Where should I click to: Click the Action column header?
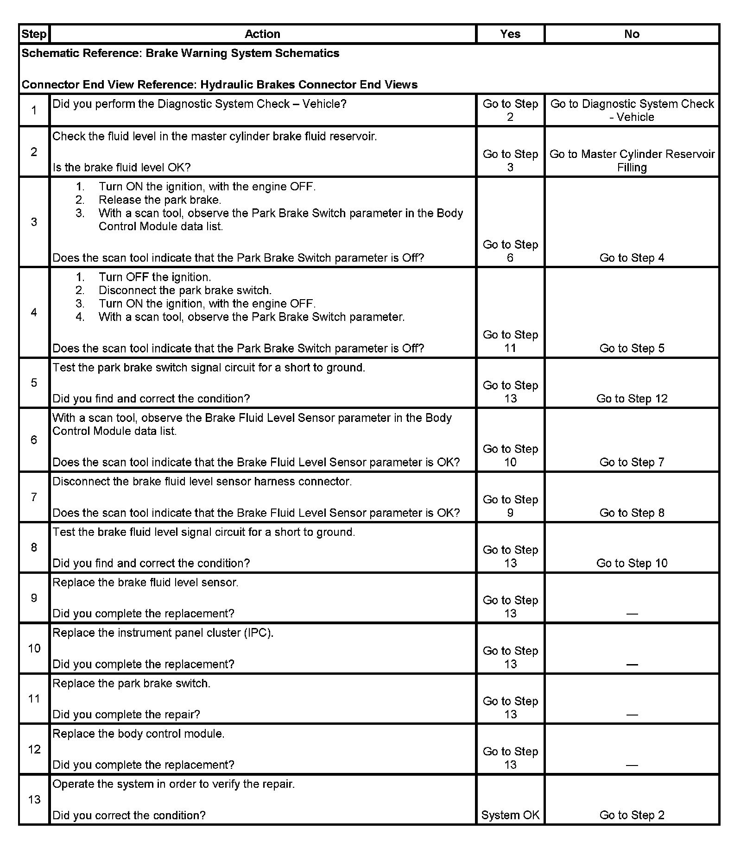(x=262, y=34)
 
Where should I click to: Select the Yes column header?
(x=510, y=34)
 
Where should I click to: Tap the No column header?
(x=632, y=34)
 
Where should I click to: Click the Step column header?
(x=34, y=34)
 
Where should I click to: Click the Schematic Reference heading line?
(x=180, y=53)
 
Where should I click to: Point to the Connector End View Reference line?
(x=220, y=85)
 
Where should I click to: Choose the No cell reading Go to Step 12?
(x=632, y=399)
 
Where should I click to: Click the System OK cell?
(x=510, y=815)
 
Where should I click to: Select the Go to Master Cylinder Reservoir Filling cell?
(x=632, y=160)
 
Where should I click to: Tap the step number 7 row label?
(x=34, y=497)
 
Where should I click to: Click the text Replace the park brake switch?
(x=131, y=684)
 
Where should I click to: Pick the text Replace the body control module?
(x=138, y=734)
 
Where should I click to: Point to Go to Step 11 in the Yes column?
(x=510, y=341)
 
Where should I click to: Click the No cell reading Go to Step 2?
(x=632, y=815)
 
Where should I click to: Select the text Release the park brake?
(x=160, y=200)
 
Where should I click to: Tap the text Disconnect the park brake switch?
(x=185, y=290)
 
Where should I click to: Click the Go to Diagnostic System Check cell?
(x=632, y=110)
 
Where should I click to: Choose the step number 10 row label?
(x=34, y=648)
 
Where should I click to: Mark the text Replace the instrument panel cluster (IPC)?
(x=163, y=633)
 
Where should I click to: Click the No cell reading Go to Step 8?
(x=632, y=513)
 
